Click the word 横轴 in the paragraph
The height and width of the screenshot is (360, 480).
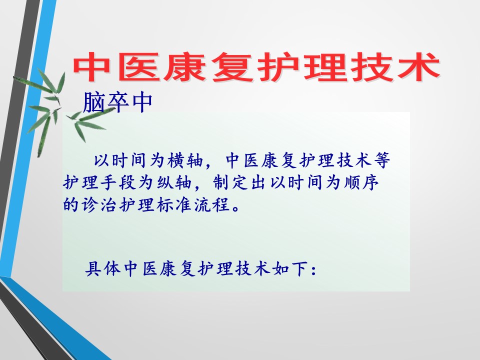pyautogui.click(x=185, y=160)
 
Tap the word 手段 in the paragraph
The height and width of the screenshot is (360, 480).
pyautogui.click(x=118, y=182)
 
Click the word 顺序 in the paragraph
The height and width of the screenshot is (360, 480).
pyautogui.click(x=361, y=182)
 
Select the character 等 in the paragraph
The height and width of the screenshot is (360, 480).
pyautogui.click(x=381, y=160)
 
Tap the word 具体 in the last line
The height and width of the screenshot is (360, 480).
pyautogui.click(x=103, y=269)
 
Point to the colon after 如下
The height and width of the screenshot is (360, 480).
pyautogui.click(x=313, y=270)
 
